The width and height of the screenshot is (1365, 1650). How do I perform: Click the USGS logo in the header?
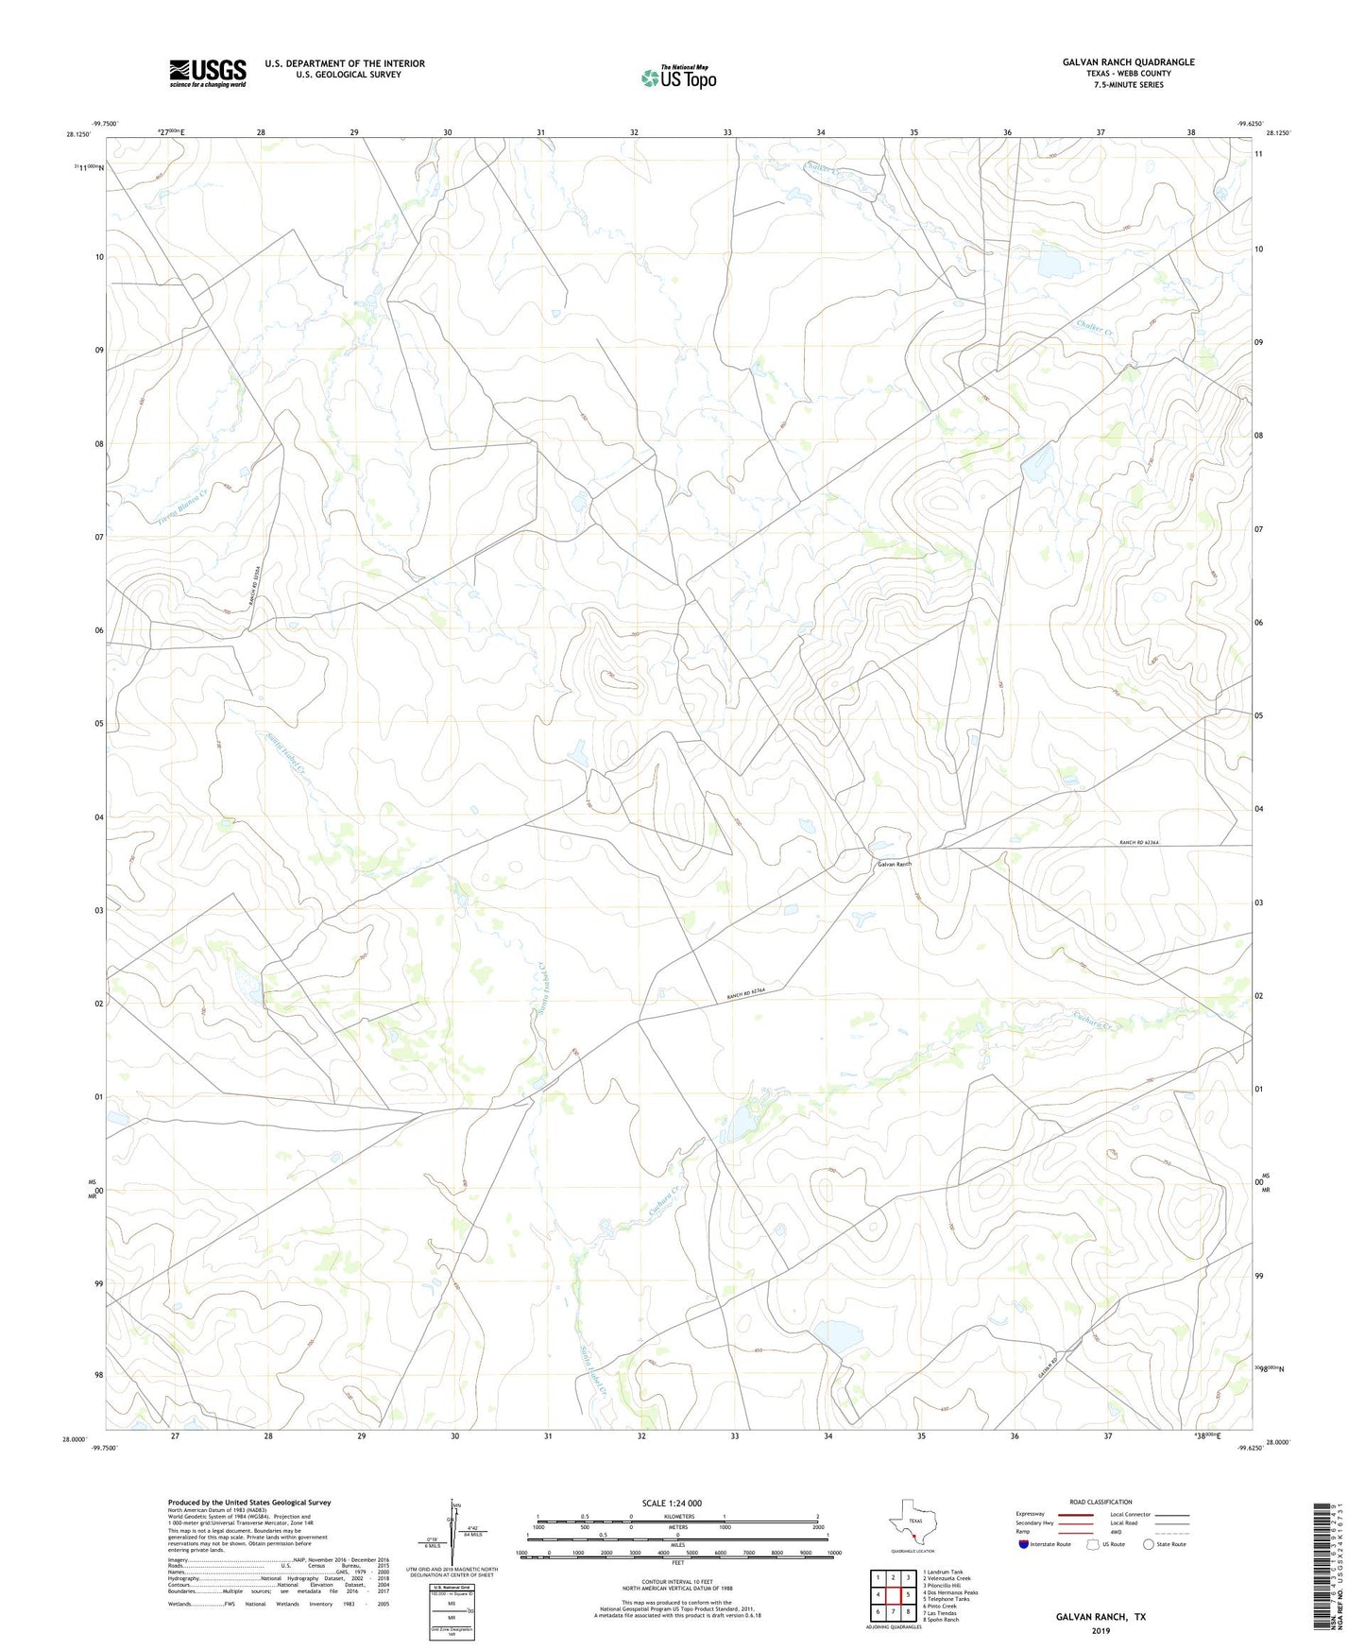point(208,73)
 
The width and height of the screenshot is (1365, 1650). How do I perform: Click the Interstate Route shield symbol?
point(1024,1544)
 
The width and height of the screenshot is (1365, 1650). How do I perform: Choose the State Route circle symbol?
point(1149,1544)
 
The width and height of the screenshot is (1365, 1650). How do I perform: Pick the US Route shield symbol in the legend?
point(1094,1544)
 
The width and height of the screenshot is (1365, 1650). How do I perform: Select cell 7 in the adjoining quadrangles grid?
point(893,1612)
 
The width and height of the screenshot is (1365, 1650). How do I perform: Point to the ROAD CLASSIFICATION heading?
point(1101,1502)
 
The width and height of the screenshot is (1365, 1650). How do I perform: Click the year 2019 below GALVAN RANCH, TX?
point(1101,1630)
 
